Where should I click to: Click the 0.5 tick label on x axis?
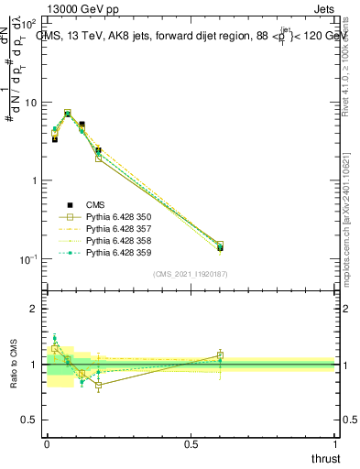pyautogui.click(x=191, y=443)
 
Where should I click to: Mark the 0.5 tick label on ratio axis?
pyautogui.click(x=30, y=420)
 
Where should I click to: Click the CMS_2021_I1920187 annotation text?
pyautogui.click(x=191, y=274)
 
